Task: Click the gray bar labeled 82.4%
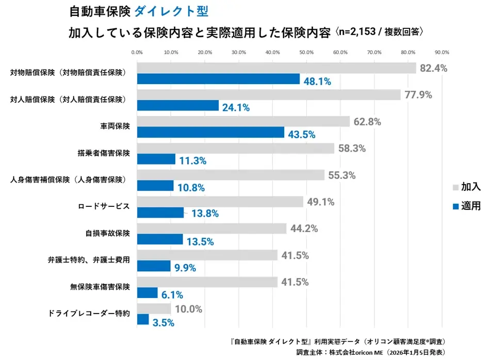(x=276, y=68)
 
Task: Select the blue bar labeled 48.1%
(x=218, y=79)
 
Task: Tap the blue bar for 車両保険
(x=210, y=133)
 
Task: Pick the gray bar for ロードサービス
(x=220, y=202)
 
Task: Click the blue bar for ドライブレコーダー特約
(x=143, y=319)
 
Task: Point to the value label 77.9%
(x=418, y=95)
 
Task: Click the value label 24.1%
(x=236, y=108)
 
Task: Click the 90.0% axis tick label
(x=442, y=52)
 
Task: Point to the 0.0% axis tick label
(x=137, y=52)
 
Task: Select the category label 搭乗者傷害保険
(x=104, y=153)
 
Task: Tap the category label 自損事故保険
(x=107, y=234)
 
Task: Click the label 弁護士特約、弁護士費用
(x=88, y=260)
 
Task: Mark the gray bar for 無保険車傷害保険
(x=207, y=282)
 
